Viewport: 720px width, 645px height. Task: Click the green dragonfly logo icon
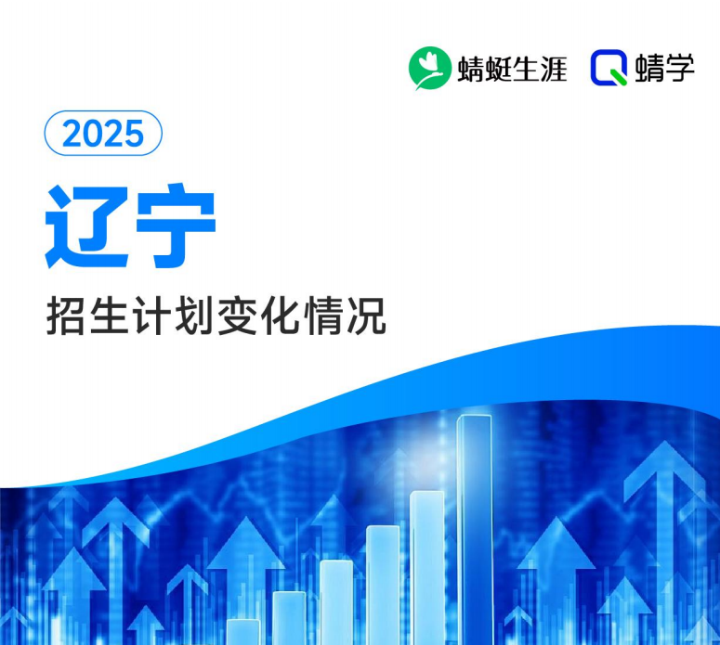[x=429, y=68]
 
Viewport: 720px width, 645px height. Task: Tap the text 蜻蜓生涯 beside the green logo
[x=512, y=69]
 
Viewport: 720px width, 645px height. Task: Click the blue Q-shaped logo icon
[x=609, y=68]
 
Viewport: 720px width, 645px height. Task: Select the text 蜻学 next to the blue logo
[x=666, y=69]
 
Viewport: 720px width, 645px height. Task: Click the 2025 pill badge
[x=103, y=135]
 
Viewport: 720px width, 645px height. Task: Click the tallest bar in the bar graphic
[x=475, y=529]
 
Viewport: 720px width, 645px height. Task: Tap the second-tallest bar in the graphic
[x=427, y=566]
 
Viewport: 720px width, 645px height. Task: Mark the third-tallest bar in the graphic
[x=383, y=585]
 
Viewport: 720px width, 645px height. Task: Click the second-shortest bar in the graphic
[x=289, y=617]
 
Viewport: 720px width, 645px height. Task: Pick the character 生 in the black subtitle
[x=111, y=317]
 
